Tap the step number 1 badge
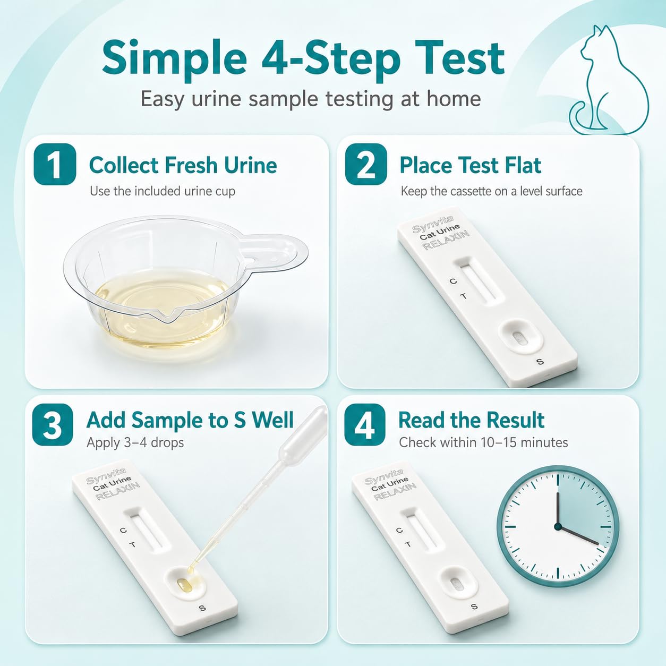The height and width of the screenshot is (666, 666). coord(55,164)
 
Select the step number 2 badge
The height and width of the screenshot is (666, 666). coord(365,164)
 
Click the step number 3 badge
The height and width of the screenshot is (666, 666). coord(53,424)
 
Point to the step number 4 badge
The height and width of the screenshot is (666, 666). coord(365,424)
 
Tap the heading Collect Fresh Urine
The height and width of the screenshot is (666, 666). coord(183,165)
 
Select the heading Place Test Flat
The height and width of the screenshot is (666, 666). coord(470,165)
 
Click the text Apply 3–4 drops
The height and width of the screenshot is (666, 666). coord(135,442)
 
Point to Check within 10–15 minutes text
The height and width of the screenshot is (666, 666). coord(483,442)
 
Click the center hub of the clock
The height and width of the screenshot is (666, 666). coord(558,526)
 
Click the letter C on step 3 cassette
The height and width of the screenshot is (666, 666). coord(123,530)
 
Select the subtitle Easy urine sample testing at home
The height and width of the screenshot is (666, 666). coord(310,99)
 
